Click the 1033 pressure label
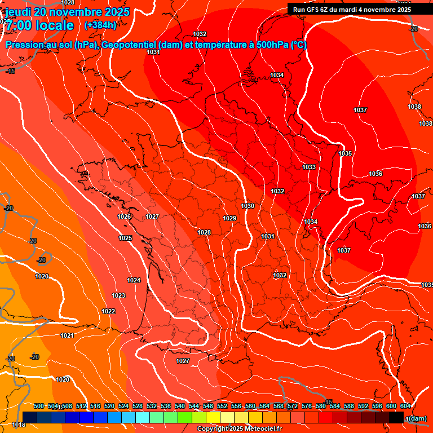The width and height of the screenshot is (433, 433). click(x=309, y=167)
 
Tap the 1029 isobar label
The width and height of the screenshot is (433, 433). click(x=229, y=218)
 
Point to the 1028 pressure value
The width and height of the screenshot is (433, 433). click(x=204, y=232)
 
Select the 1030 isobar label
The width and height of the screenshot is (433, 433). click(x=248, y=206)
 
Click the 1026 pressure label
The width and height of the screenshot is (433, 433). click(x=125, y=216)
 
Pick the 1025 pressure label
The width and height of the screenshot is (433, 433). click(x=125, y=238)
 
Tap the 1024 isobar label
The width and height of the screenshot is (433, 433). click(x=134, y=280)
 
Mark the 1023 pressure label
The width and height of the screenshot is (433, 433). click(x=118, y=295)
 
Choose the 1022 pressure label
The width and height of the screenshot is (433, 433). click(x=108, y=311)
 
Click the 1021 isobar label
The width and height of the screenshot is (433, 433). click(x=67, y=335)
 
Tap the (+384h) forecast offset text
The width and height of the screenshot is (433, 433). click(x=100, y=25)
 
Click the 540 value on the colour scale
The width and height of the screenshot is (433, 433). click(x=180, y=406)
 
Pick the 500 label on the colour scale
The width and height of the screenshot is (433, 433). click(x=39, y=406)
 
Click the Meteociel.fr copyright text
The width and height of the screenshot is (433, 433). click(x=239, y=429)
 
